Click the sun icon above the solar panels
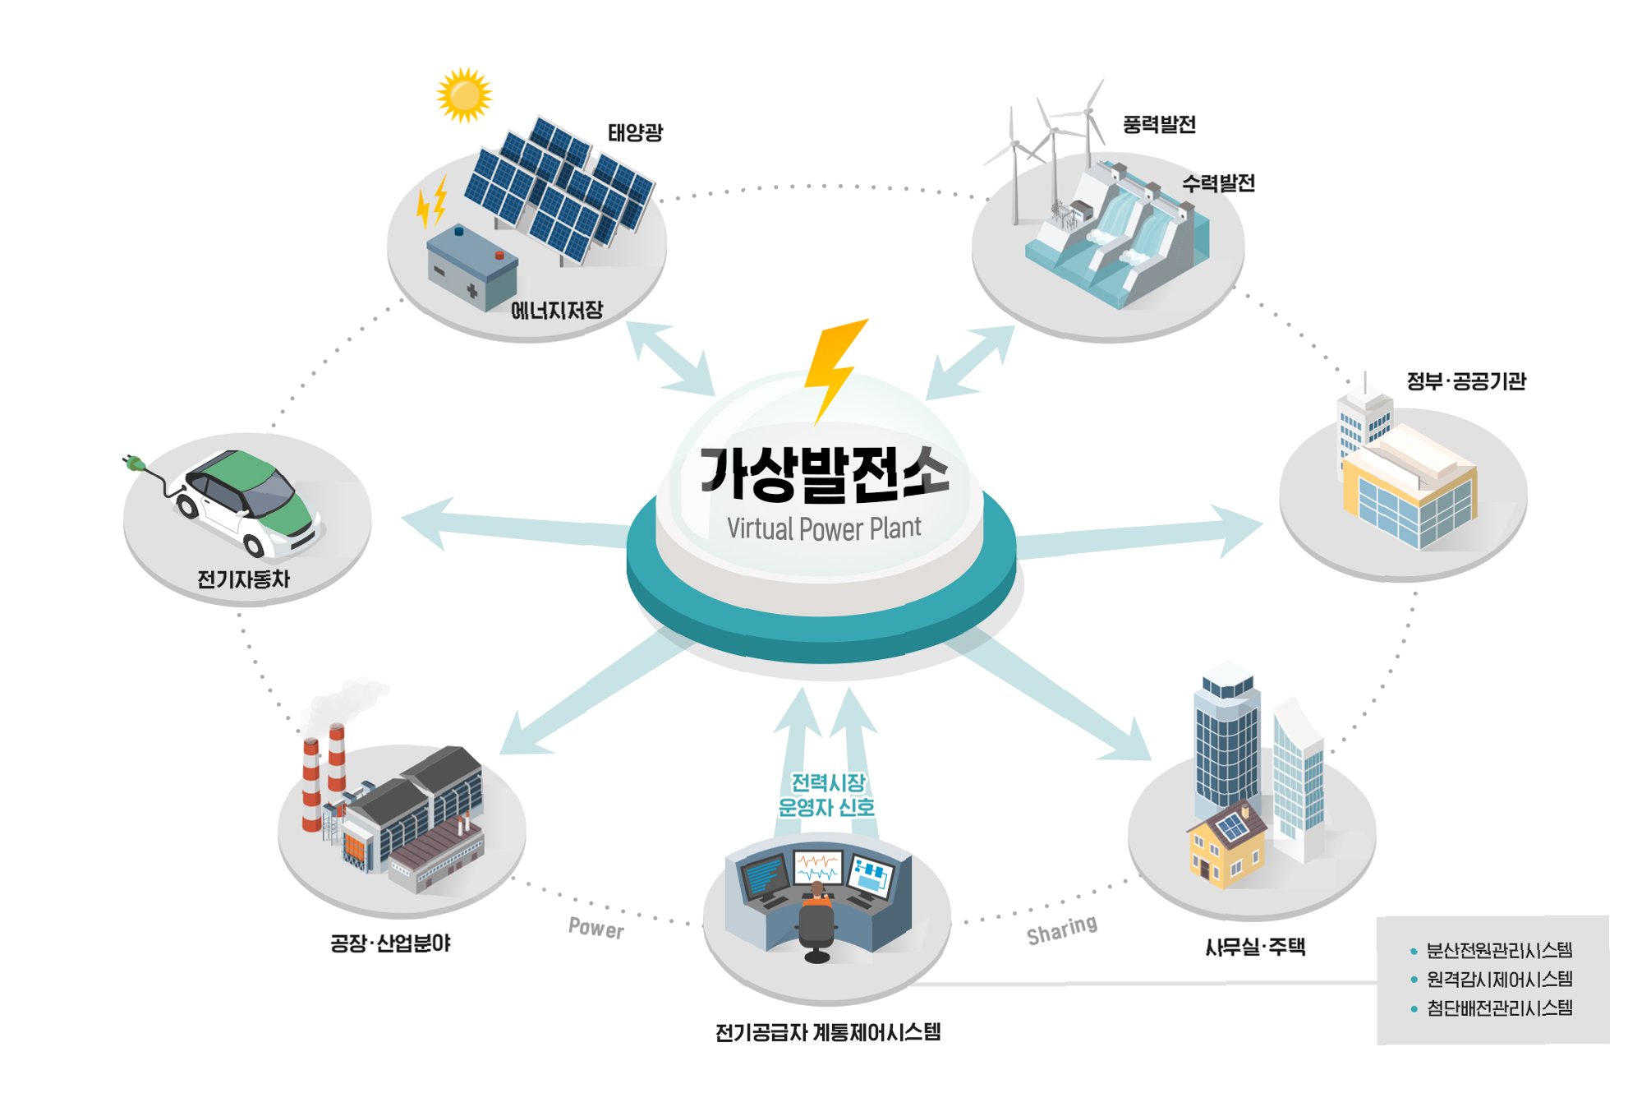(x=464, y=95)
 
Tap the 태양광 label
(x=634, y=132)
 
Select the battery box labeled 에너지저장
(x=472, y=267)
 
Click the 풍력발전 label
(x=1159, y=125)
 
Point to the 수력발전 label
(x=1218, y=183)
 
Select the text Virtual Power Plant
(x=824, y=528)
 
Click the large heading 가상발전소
(x=824, y=474)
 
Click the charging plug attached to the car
(x=135, y=464)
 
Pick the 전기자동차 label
(x=243, y=579)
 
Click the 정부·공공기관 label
(x=1465, y=381)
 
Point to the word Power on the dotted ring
(x=596, y=928)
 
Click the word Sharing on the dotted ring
(x=1061, y=930)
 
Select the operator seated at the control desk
(x=816, y=916)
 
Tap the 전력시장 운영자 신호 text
(x=826, y=795)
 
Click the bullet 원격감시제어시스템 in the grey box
(x=1499, y=979)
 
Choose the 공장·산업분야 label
(x=390, y=943)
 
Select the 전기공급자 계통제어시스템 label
(x=827, y=1032)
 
